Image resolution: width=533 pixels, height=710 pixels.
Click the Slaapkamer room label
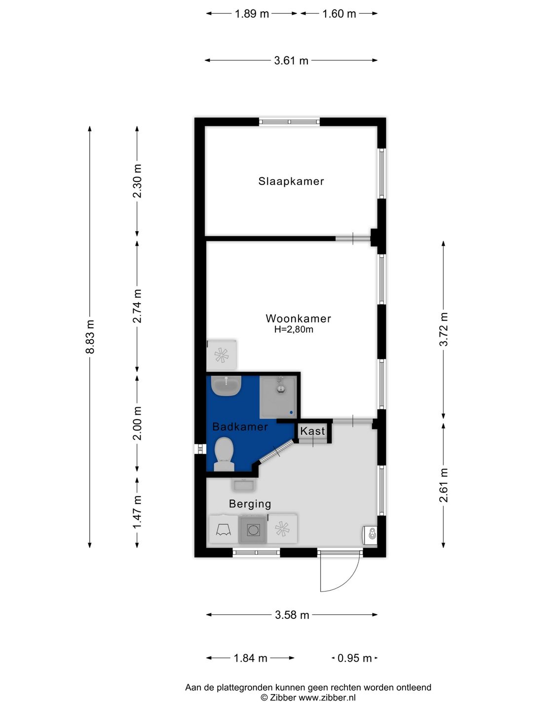pyautogui.click(x=291, y=181)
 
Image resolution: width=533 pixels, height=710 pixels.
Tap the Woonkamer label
pyautogui.click(x=299, y=319)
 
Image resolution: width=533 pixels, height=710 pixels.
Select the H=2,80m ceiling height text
pyautogui.click(x=294, y=330)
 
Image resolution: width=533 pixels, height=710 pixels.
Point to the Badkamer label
pyautogui.click(x=240, y=426)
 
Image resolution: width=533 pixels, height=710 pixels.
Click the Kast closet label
pyautogui.click(x=312, y=431)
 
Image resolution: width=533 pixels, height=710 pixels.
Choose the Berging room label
pyautogui.click(x=250, y=504)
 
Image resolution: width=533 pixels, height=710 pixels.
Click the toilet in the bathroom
pyautogui.click(x=224, y=454)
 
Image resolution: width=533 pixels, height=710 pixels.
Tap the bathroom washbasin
pyautogui.click(x=226, y=386)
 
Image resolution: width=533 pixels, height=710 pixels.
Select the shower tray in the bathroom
pyautogui.click(x=278, y=396)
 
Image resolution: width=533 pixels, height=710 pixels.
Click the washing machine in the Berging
pyautogui.click(x=253, y=530)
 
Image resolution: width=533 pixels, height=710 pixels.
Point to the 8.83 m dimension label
pyautogui.click(x=90, y=337)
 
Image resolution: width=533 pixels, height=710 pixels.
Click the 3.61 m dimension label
pyautogui.click(x=291, y=61)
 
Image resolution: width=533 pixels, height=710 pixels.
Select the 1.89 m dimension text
pyautogui.click(x=252, y=14)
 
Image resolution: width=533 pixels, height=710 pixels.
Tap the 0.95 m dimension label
pyautogui.click(x=354, y=658)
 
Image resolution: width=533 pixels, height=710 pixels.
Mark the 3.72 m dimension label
pyautogui.click(x=443, y=329)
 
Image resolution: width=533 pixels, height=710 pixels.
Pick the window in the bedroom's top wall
pyautogui.click(x=289, y=122)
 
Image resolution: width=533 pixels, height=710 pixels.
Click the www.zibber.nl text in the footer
pyautogui.click(x=327, y=698)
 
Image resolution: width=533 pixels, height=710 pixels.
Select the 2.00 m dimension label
pyautogui.click(x=137, y=423)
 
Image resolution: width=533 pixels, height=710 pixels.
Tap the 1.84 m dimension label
pyautogui.click(x=251, y=658)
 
